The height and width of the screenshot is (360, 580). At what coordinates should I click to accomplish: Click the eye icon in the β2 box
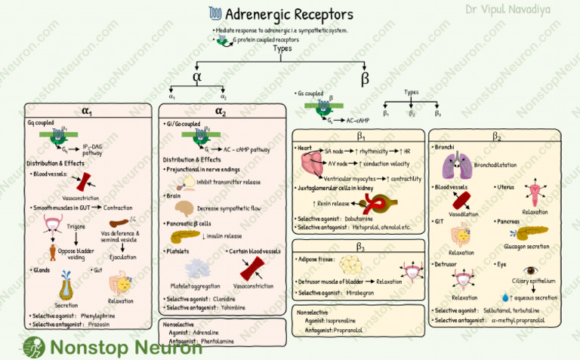531,270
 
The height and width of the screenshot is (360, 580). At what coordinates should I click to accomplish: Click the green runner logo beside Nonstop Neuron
33,347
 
